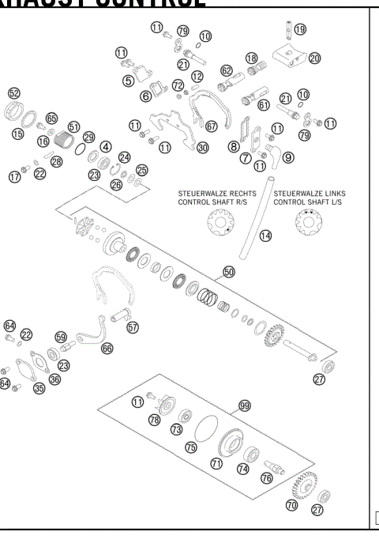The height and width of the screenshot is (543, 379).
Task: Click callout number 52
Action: tap(14, 93)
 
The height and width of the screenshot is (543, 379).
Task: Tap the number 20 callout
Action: tap(314, 58)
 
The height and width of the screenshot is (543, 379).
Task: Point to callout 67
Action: tap(211, 126)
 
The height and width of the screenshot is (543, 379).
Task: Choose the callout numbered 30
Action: tap(203, 147)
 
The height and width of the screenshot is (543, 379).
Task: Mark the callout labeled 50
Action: tap(229, 271)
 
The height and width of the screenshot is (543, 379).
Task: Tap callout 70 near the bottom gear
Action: tap(291, 504)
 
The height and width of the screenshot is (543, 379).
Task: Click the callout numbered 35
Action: tap(39, 388)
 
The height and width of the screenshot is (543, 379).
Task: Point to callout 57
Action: tap(133, 326)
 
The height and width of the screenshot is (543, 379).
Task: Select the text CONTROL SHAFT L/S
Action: tap(310, 202)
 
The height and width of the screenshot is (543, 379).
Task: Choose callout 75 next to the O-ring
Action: tap(190, 447)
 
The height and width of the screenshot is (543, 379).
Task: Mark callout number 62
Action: tap(227, 71)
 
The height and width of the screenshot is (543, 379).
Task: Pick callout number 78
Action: tap(155, 420)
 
